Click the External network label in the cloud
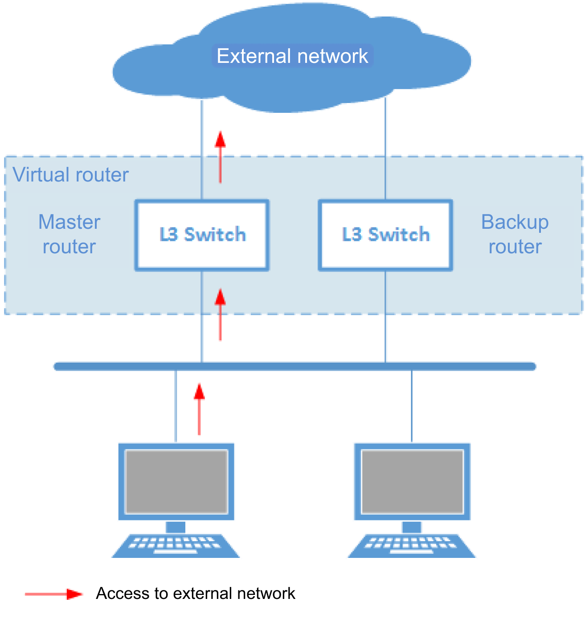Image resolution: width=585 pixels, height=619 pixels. point(292,56)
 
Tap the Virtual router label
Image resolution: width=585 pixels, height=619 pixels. point(70,174)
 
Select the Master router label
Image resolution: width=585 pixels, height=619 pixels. point(69,234)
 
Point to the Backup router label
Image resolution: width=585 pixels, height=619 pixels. point(515,234)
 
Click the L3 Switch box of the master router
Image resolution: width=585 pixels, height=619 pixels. point(202,235)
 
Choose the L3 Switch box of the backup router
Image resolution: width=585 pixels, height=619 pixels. point(386,235)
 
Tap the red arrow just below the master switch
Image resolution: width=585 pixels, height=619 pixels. point(220,315)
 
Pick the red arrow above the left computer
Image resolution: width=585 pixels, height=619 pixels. point(199,409)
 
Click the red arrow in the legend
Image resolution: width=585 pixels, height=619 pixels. point(54,594)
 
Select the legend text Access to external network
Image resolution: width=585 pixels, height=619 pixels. point(196,594)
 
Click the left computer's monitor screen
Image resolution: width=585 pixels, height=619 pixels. point(176,482)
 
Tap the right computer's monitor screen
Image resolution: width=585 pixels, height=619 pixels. point(412,482)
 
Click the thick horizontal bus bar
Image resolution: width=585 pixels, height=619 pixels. point(294,367)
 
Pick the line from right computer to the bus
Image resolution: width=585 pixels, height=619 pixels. point(412,406)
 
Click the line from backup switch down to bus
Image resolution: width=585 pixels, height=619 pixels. point(385,317)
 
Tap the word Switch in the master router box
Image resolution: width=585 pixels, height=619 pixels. point(215,235)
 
